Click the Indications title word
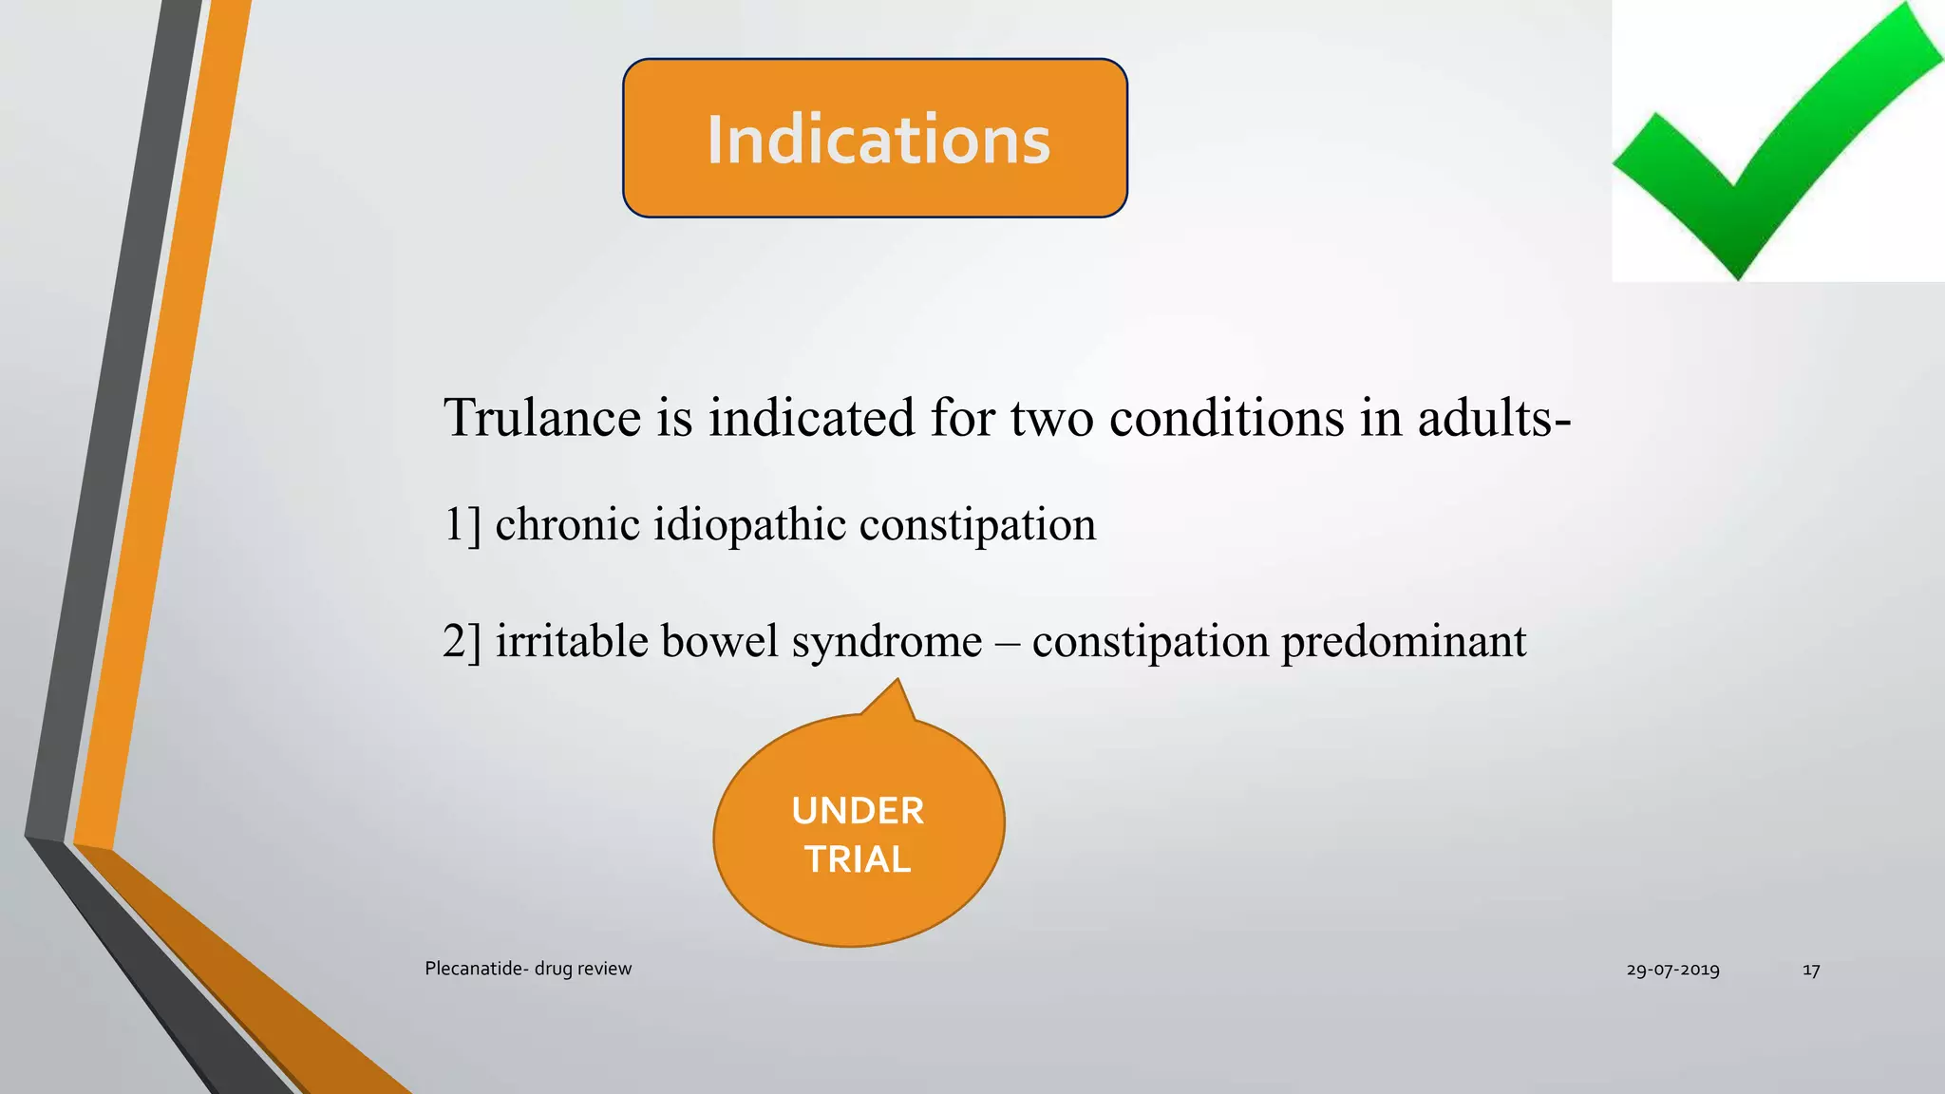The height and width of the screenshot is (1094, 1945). tap(878, 140)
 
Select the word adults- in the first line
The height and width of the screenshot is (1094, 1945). tap(1494, 418)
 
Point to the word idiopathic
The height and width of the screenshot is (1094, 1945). tap(749, 525)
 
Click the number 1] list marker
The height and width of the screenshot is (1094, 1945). tap(463, 525)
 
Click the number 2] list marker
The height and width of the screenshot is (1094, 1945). tap(463, 641)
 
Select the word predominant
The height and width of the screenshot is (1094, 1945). tap(1404, 642)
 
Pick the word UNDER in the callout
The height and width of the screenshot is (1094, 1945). tap(858, 811)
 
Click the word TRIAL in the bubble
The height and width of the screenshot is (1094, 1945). tap(858, 859)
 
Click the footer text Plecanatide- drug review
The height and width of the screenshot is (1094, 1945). tap(528, 969)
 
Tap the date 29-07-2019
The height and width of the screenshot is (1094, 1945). tap(1672, 970)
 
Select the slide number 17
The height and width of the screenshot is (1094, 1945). tap(1811, 970)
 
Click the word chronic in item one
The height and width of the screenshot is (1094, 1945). tap(567, 525)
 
